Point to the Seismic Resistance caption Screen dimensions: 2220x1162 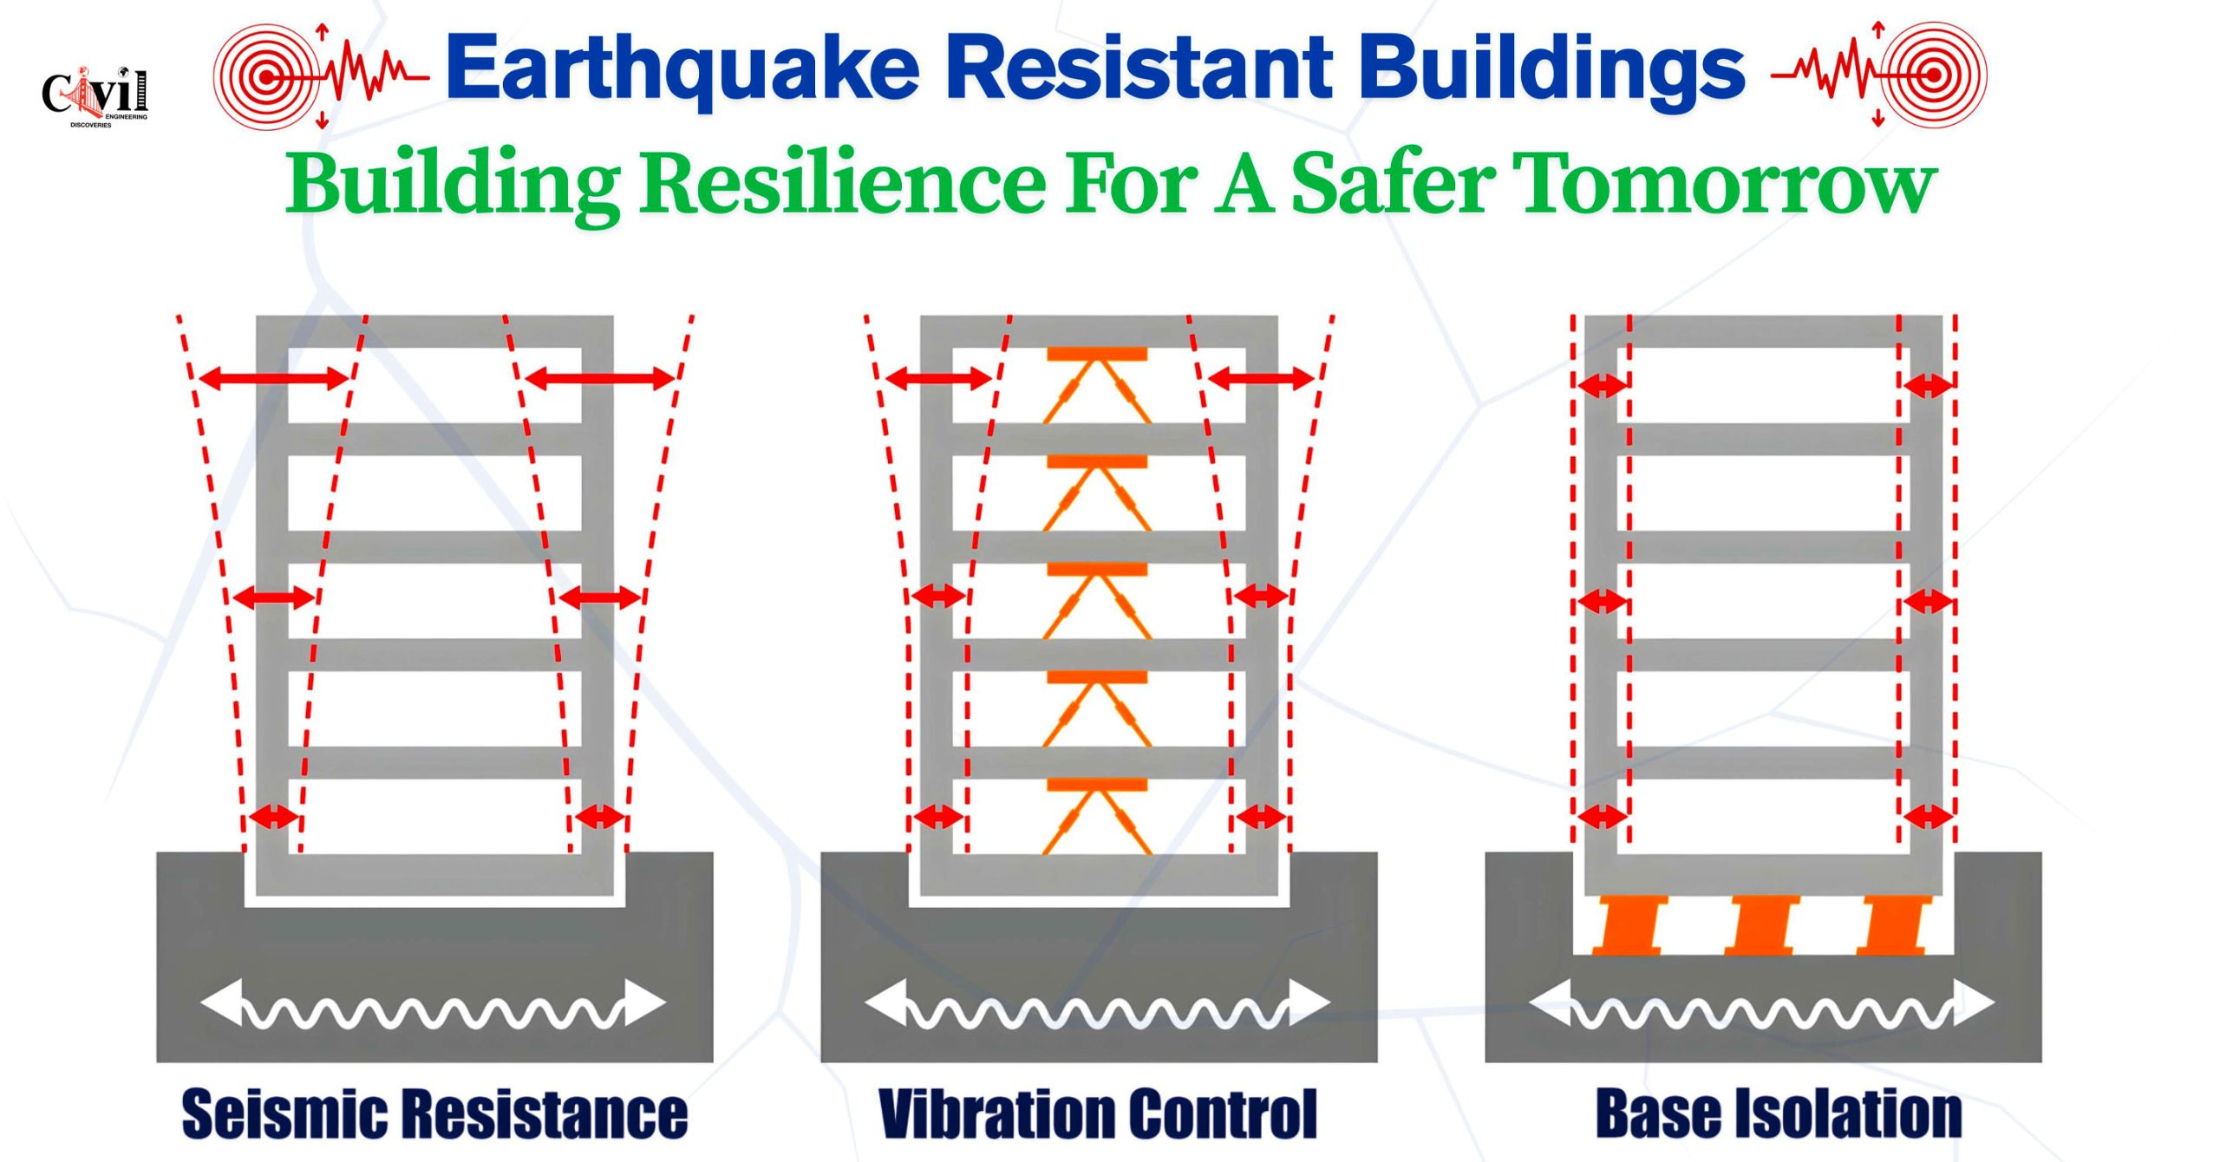(434, 1113)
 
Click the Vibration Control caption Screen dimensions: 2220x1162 (1098, 1113)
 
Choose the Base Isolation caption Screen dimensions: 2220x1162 (1779, 1113)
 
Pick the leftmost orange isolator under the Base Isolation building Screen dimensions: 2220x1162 (1631, 925)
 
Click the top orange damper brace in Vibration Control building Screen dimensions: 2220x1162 (1097, 385)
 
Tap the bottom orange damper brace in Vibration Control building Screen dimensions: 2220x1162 (1097, 816)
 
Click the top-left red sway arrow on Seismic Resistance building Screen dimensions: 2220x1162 (274, 378)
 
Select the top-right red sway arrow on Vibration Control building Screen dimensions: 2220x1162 (1262, 378)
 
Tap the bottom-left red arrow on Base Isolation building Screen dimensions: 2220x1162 (1602, 816)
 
